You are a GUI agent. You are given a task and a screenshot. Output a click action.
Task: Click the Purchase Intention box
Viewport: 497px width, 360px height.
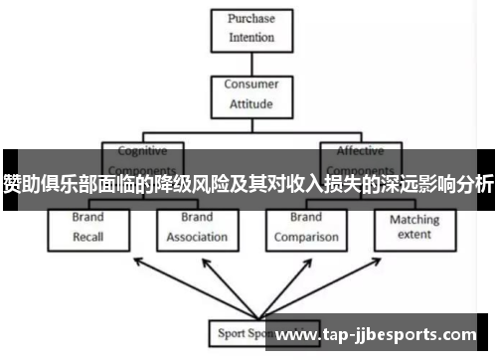[250, 29]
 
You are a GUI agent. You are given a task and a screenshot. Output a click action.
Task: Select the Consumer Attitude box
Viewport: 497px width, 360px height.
[250, 93]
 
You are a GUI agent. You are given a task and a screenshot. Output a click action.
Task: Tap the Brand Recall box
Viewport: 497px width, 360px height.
[87, 228]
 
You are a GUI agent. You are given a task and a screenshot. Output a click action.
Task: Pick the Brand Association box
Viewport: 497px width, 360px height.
[197, 228]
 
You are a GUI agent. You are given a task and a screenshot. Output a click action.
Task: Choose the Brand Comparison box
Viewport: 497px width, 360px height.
[306, 228]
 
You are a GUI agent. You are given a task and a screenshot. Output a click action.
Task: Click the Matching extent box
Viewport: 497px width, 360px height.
[414, 228]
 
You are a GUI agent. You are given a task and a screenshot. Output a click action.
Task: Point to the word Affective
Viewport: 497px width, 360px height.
[360, 152]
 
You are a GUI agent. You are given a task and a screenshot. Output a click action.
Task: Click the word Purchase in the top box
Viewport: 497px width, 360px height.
[250, 19]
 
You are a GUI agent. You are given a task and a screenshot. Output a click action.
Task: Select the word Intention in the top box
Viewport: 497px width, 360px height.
[250, 39]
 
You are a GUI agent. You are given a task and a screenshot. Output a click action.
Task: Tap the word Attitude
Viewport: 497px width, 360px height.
[250, 102]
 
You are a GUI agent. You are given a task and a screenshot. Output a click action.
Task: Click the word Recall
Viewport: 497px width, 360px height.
[87, 238]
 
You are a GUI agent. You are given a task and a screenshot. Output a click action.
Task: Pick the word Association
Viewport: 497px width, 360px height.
[197, 238]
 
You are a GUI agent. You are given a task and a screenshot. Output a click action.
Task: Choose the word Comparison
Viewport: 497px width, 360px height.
[306, 238]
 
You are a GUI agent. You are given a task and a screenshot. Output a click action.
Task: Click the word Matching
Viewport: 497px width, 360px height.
[414, 219]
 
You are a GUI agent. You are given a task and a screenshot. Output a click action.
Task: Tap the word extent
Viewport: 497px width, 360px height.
[414, 235]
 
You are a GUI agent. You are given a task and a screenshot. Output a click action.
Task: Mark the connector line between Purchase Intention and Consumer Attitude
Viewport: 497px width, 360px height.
[250, 63]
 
